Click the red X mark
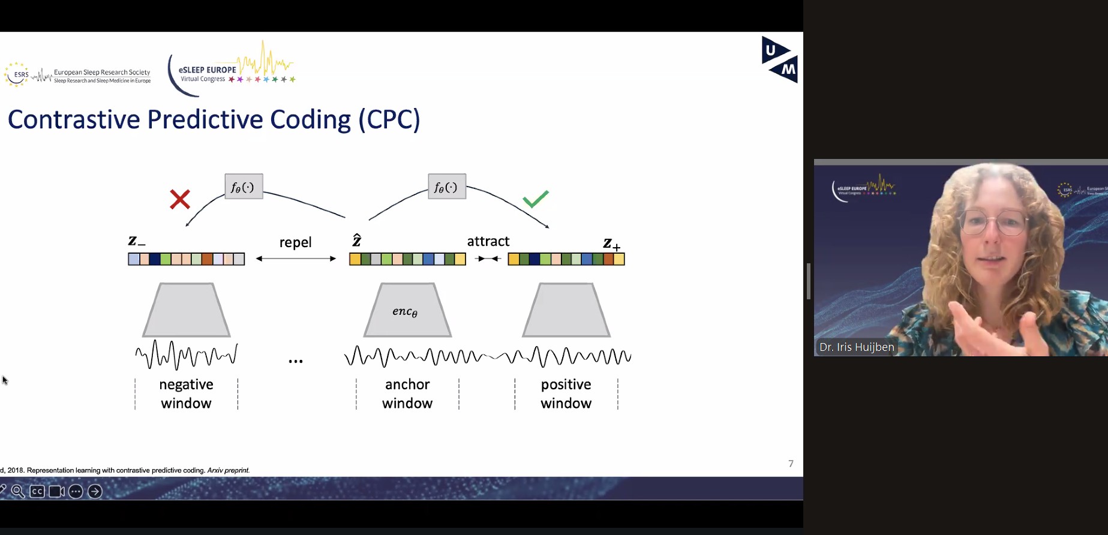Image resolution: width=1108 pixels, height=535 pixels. tap(180, 199)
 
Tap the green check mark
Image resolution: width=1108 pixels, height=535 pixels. tap(535, 199)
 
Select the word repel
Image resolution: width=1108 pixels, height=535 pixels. tap(295, 242)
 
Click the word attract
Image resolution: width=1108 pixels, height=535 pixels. tap(488, 241)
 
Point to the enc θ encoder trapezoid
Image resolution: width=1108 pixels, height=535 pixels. tap(407, 310)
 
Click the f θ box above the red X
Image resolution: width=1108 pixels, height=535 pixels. tap(244, 187)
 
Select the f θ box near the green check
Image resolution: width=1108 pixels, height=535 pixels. tap(447, 187)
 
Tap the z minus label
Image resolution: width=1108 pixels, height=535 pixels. tap(136, 241)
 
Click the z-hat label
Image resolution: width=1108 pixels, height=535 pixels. tap(356, 241)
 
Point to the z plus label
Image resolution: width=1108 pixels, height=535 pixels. tap(611, 244)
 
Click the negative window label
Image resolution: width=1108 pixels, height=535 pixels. tap(186, 393)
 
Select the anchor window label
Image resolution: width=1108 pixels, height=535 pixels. tap(407, 393)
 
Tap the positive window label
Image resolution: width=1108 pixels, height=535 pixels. tap(566, 393)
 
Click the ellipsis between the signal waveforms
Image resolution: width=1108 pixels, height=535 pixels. tap(295, 361)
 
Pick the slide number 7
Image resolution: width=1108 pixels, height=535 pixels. tap(791, 464)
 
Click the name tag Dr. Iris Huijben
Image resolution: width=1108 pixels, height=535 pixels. tap(856, 347)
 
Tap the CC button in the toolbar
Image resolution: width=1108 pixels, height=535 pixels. tap(37, 492)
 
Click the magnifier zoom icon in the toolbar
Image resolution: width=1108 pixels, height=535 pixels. tap(17, 492)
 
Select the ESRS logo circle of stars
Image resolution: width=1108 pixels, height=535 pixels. tap(16, 74)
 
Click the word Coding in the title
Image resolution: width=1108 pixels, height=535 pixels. tap(310, 119)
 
